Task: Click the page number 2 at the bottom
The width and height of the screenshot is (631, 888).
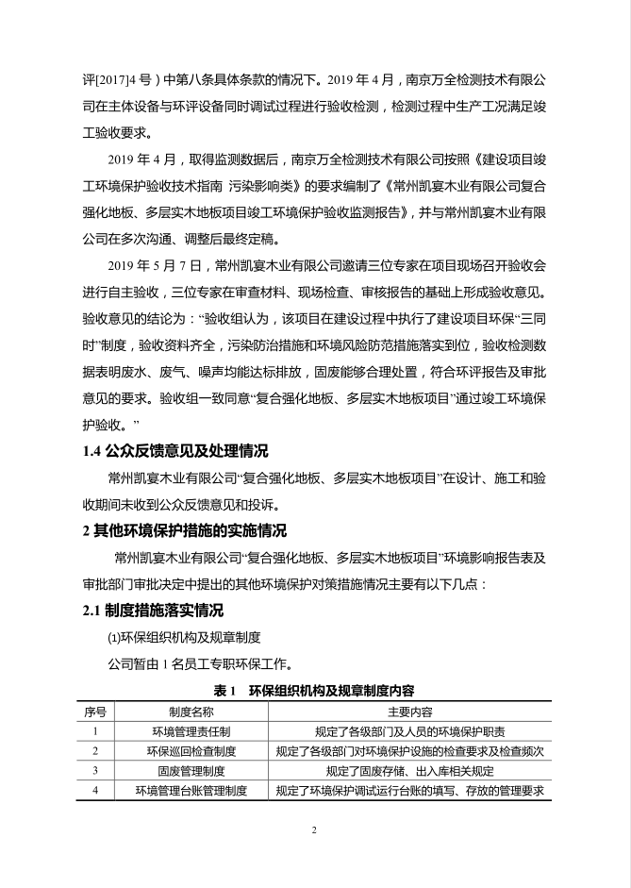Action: (315, 830)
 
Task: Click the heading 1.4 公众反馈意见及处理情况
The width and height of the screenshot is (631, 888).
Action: (174, 450)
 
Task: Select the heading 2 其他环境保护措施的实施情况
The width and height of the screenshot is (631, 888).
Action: (185, 529)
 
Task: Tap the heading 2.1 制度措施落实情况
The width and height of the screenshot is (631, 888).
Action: (155, 610)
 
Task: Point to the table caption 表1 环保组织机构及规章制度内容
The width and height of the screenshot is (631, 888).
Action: (316, 691)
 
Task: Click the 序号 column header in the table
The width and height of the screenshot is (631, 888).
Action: (95, 711)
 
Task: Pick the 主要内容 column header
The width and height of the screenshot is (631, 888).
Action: (409, 711)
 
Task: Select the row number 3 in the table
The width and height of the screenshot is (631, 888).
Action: (95, 770)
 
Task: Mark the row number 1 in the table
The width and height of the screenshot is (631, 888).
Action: (95, 730)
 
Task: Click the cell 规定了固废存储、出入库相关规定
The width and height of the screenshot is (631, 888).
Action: (409, 770)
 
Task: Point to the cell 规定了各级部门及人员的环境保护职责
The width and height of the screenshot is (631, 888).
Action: (409, 730)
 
